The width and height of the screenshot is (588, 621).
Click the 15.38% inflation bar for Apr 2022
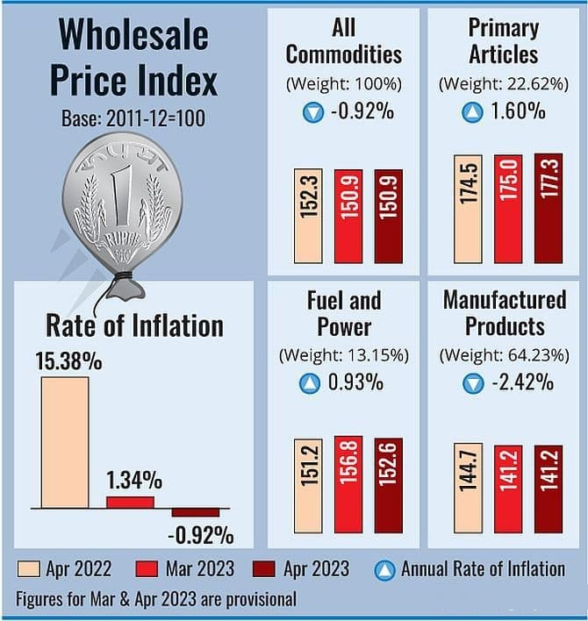click(64, 441)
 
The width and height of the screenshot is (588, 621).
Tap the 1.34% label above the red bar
click(134, 481)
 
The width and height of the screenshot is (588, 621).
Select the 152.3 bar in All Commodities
click(308, 216)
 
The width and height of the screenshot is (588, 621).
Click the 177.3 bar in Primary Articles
click(549, 209)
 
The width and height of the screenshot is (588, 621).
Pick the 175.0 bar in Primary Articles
click(509, 209)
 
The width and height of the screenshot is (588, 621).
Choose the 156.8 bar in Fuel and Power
click(348, 484)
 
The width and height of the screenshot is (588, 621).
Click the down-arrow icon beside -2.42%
click(473, 382)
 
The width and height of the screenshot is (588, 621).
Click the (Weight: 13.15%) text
click(343, 355)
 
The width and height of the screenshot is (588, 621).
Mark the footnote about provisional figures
click(155, 600)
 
